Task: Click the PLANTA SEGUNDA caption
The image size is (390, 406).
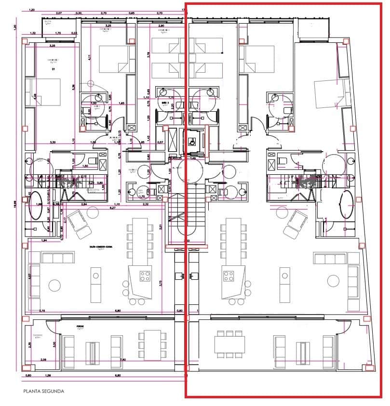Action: click(43, 391)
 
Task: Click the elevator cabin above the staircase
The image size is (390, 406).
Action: click(192, 142)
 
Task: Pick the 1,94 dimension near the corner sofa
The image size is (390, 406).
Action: click(44, 240)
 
